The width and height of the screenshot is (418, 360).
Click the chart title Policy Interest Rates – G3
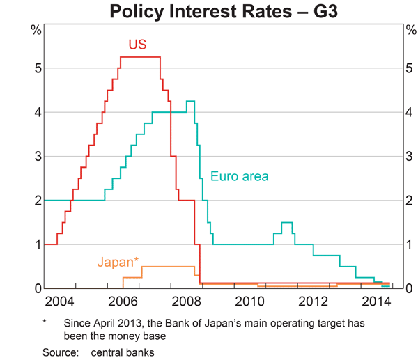[209, 12]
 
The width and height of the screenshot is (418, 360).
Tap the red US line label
[137, 45]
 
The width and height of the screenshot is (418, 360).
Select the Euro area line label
[239, 176]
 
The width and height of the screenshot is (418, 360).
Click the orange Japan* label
[118, 263]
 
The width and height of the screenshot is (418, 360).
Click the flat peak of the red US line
[141, 57]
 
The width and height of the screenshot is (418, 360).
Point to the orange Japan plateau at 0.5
[168, 267]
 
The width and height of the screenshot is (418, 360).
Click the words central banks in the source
[123, 352]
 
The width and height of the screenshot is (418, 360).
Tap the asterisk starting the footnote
[45, 322]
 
